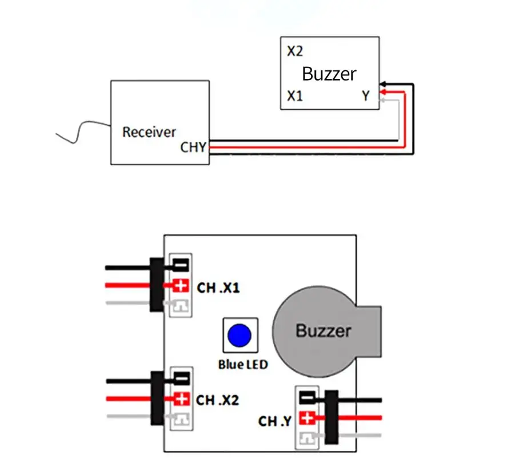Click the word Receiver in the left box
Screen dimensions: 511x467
click(x=149, y=132)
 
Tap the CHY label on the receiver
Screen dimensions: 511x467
click(x=193, y=147)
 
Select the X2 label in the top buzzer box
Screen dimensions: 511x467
click(x=295, y=51)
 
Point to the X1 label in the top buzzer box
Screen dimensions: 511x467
click(x=295, y=96)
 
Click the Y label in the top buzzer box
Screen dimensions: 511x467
click(x=366, y=96)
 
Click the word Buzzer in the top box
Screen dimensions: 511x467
click(x=329, y=74)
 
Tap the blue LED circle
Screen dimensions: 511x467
click(x=239, y=336)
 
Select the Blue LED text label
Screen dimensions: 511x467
click(x=243, y=365)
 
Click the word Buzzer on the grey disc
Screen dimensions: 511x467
click(x=324, y=331)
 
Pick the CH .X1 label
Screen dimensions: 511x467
click(x=218, y=288)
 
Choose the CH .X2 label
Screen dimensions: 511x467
click(x=217, y=400)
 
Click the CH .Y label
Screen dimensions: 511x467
click(x=275, y=421)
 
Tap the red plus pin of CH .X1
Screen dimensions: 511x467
click(x=181, y=285)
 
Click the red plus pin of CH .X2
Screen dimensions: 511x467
click(x=182, y=398)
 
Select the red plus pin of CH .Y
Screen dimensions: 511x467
click(x=308, y=418)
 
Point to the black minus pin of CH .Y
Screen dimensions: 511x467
click(x=308, y=398)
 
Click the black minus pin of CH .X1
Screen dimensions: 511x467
click(x=181, y=265)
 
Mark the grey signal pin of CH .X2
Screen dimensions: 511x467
click(x=181, y=419)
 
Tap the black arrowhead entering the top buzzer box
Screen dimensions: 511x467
click(x=382, y=85)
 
